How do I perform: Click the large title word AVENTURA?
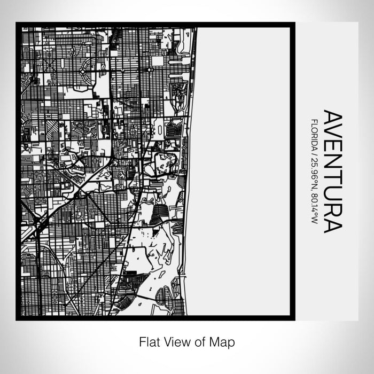[x=332, y=172]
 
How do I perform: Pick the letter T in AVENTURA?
[x=332, y=180]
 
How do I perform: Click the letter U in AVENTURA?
[x=332, y=194]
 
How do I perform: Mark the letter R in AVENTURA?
[x=332, y=210]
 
